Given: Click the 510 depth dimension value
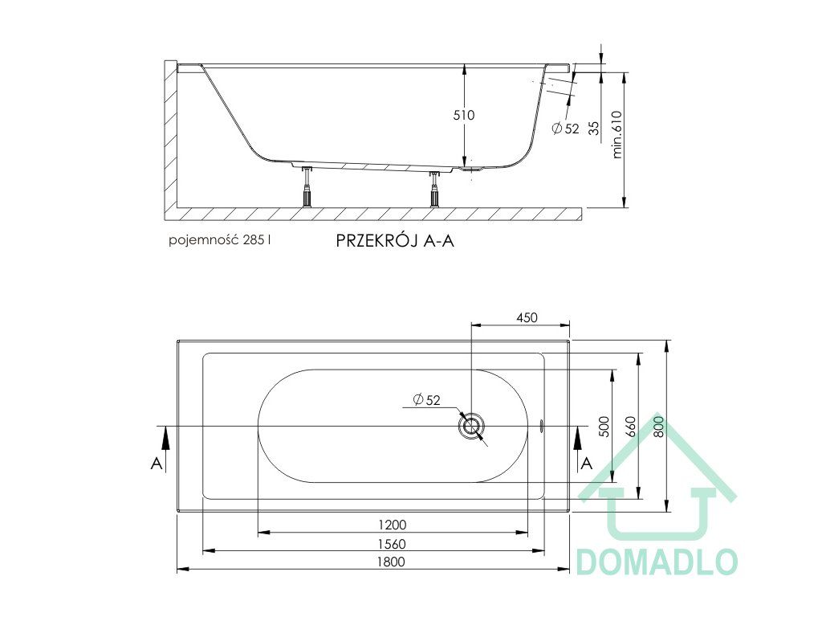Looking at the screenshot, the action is pos(464,115).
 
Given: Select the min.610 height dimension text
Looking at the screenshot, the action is pos(617,134).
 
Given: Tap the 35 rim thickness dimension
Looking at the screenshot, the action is pos(594,128).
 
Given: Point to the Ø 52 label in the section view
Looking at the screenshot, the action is pos(566,128).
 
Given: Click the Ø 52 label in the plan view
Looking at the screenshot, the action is pos(426,400).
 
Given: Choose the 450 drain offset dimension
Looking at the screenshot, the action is pos(527,317).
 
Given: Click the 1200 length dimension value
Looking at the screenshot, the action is pos(392,525).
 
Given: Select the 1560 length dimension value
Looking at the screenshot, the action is pos(392,544).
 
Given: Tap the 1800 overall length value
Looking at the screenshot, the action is pos(391,562).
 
